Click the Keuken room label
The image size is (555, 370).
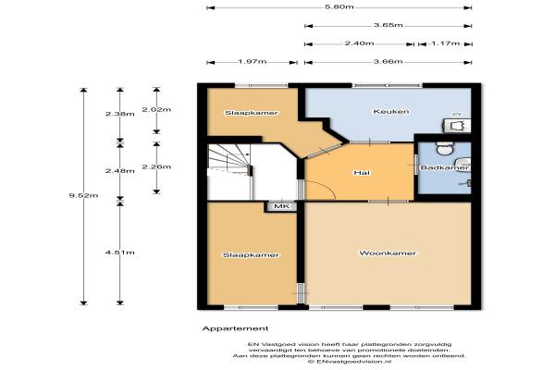point(391,112)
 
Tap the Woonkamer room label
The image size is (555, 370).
point(388,253)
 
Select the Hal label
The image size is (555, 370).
point(362,173)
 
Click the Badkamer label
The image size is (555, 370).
point(445,167)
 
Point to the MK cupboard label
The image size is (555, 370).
point(282,206)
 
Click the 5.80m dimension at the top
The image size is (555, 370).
point(339,6)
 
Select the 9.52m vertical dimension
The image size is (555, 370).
point(83,195)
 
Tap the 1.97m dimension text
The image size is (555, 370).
point(252,61)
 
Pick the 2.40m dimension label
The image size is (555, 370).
point(359,43)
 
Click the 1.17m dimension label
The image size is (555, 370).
point(445,43)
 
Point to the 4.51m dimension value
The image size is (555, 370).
point(120,253)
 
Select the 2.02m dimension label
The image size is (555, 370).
point(156,109)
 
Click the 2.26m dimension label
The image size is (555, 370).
point(156,166)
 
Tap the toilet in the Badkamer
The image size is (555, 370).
point(445,148)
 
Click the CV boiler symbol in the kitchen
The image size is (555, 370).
point(457,126)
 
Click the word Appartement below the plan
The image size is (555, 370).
point(235,328)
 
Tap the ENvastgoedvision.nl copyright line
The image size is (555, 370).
point(350,362)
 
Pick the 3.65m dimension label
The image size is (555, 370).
point(388,25)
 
